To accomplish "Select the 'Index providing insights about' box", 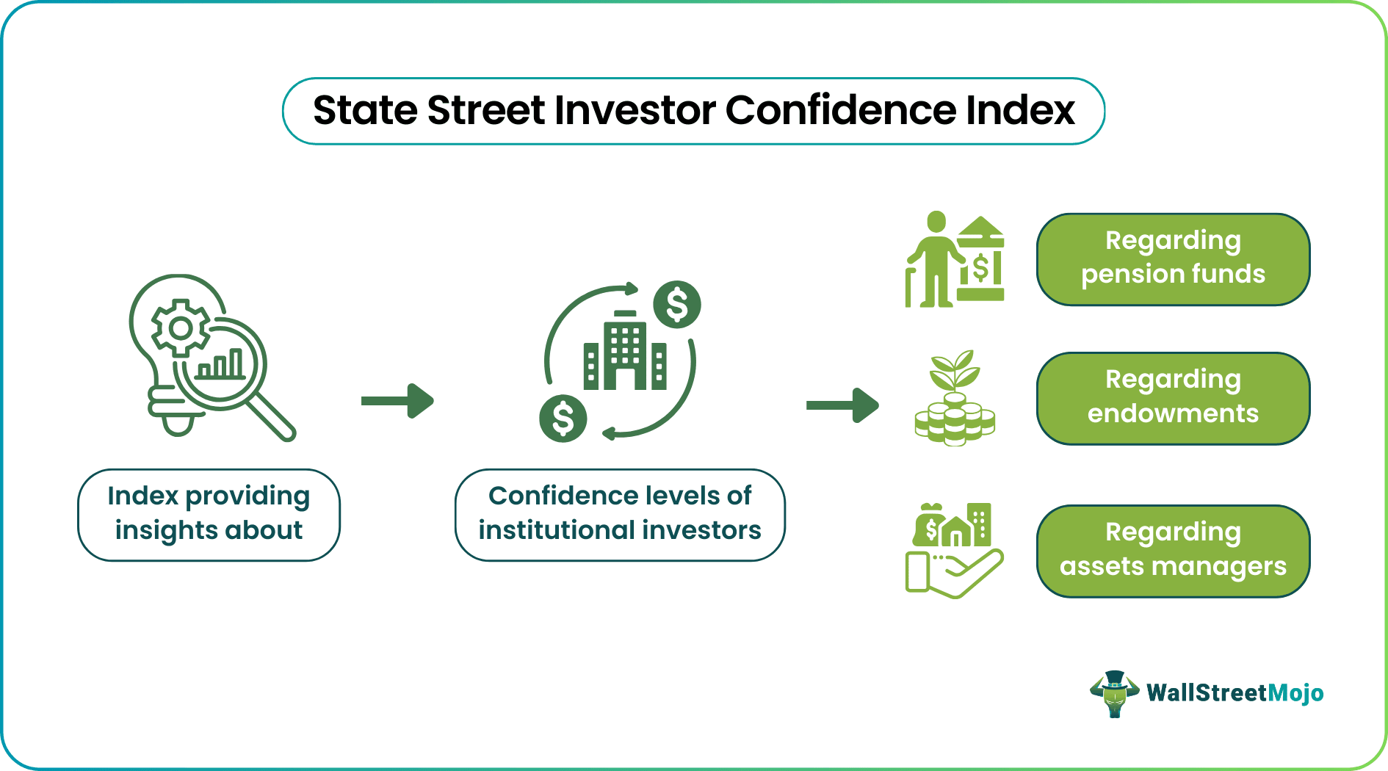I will pos(209,514).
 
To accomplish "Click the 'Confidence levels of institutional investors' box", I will pos(620,514).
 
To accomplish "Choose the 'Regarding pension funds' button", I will pos(1173,258).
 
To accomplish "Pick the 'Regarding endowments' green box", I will pos(1173,398).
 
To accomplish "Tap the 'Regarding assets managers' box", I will pos(1173,551).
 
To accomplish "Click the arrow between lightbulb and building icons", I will pos(397,401).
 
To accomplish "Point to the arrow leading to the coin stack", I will pos(842,405).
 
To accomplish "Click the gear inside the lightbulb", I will pos(180,327).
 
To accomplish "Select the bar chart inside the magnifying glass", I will pos(220,364).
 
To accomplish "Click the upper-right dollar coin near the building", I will pos(676,304).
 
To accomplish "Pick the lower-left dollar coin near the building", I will pos(563,419).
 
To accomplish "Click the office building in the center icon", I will pos(625,352).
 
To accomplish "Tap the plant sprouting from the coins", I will pos(954,371).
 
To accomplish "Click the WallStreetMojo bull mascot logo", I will pos(1114,693).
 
